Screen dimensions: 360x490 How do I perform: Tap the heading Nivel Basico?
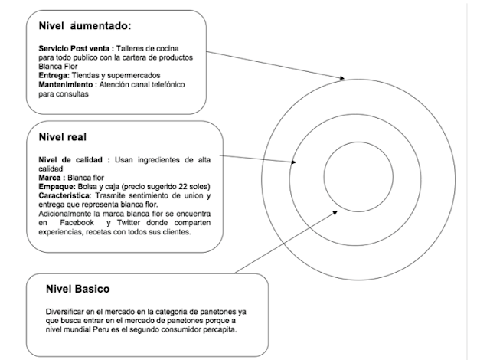(77, 290)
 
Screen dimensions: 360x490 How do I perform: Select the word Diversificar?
(67, 312)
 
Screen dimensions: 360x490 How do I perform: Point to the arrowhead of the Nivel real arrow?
(295, 162)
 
